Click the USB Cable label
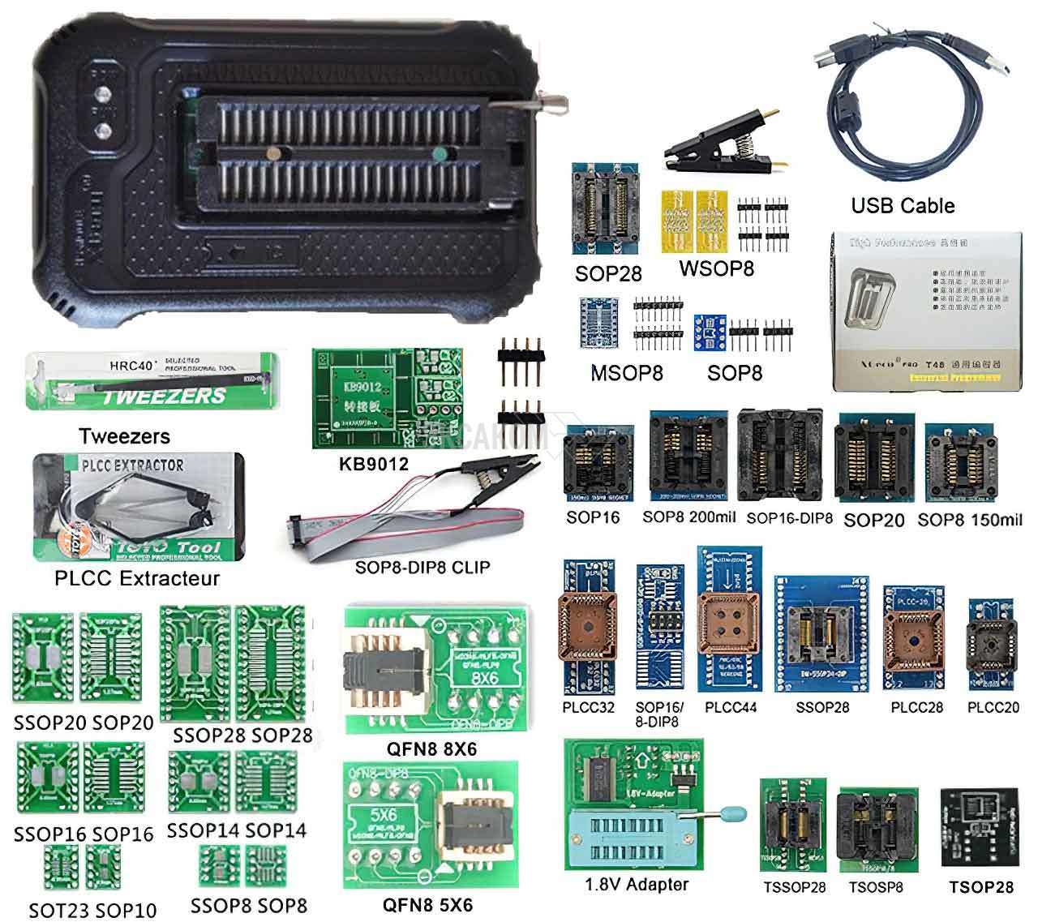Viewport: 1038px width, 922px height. pos(903,206)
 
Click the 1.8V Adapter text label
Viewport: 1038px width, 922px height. pos(637,885)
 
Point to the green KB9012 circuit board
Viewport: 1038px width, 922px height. pos(388,398)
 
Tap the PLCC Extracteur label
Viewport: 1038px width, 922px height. pos(137,578)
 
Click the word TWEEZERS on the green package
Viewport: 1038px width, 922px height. pos(163,396)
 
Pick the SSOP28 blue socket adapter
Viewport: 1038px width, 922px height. pos(821,635)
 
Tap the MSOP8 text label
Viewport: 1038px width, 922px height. pos(627,373)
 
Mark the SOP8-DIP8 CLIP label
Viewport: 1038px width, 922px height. pos(422,567)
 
